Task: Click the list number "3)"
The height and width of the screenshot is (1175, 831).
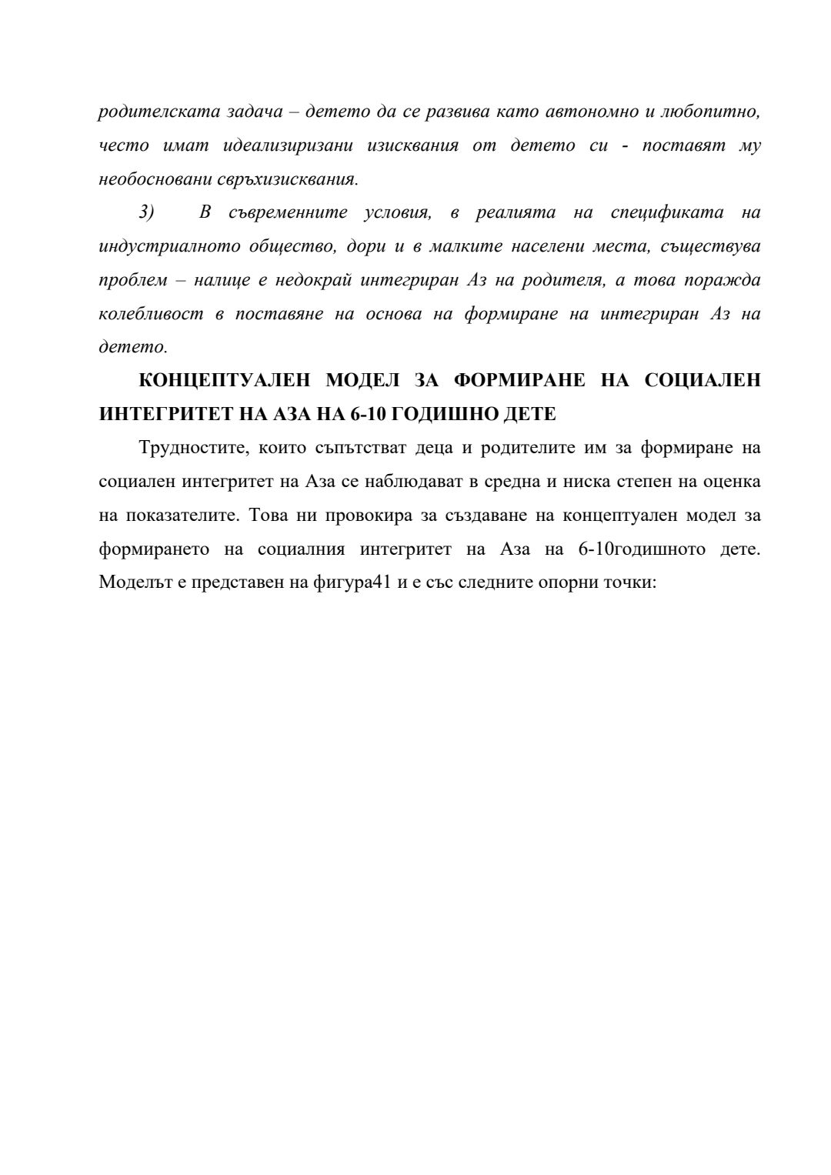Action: (147, 213)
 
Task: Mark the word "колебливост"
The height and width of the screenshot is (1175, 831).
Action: (152, 315)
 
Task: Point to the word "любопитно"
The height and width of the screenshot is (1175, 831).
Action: (715, 112)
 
